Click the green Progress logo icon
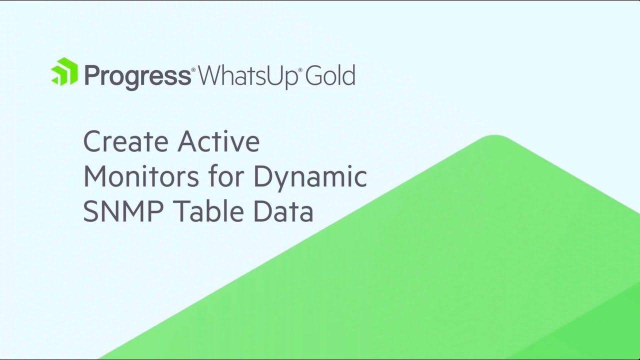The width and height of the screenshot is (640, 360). click(x=64, y=72)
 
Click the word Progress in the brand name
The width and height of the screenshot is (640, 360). click(x=136, y=76)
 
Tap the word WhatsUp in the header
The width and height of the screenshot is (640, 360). click(x=247, y=76)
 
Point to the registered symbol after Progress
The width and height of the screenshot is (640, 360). click(x=193, y=69)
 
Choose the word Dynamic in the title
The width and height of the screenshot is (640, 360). click(x=310, y=178)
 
